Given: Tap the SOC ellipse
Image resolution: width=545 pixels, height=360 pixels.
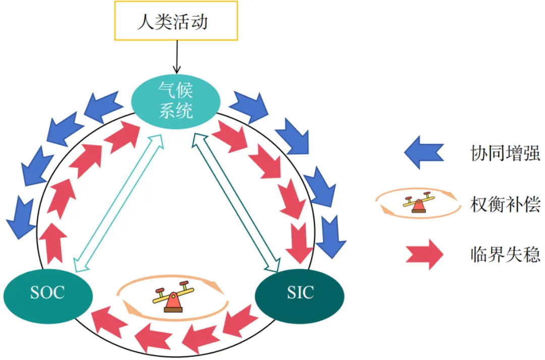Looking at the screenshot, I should click(x=48, y=292).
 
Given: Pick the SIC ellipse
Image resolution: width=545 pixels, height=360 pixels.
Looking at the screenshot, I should click(x=300, y=292).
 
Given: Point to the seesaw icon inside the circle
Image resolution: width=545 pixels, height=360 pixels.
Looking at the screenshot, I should click(x=173, y=298).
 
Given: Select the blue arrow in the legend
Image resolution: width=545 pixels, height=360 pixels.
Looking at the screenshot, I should click(x=423, y=153).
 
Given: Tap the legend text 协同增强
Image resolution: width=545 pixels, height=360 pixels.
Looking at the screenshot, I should click(x=505, y=153).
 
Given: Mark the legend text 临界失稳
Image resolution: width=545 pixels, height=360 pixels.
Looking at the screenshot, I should click(x=505, y=254).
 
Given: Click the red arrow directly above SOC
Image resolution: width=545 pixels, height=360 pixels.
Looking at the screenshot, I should click(x=52, y=242).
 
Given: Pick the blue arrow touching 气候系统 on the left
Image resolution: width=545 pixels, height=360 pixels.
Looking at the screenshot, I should click(x=104, y=106).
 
